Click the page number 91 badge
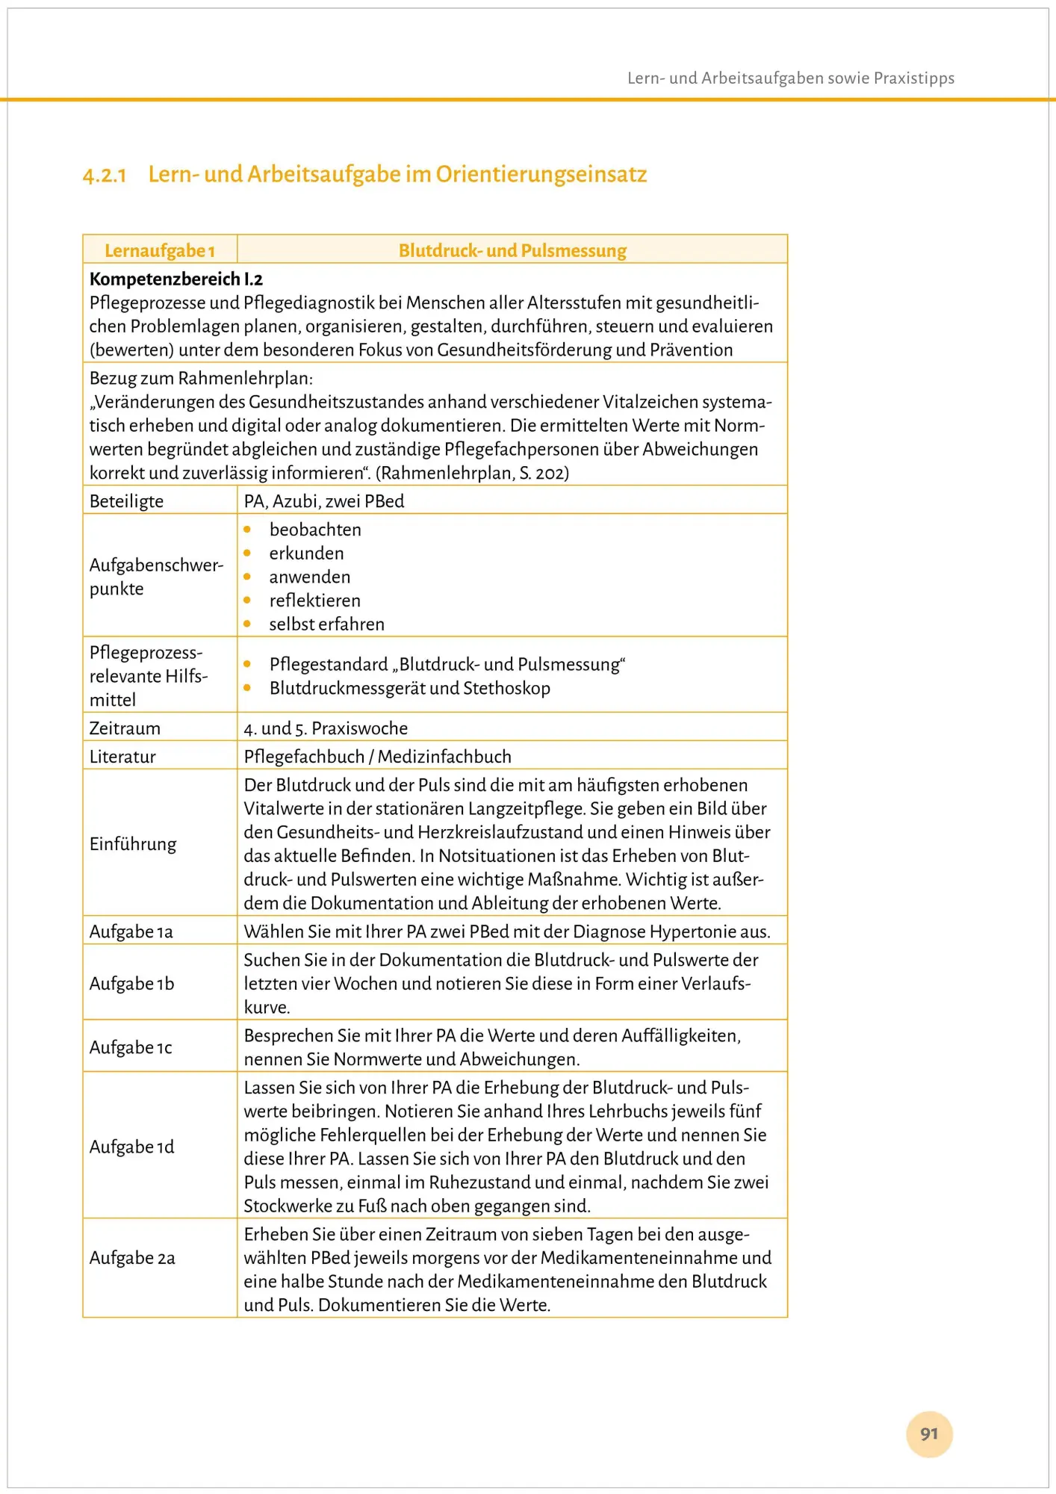[929, 1433]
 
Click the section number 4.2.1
[105, 176]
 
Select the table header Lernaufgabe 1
[160, 250]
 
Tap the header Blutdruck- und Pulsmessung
[512, 250]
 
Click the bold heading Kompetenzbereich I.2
[176, 279]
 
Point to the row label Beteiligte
[126, 501]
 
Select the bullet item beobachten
[315, 530]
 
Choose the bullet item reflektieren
[314, 601]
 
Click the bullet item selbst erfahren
[326, 624]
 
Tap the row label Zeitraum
[125, 728]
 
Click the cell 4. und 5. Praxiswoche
[326, 728]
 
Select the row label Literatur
[122, 757]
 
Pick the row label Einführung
[133, 844]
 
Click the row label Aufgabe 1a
[131, 932]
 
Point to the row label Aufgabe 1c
[131, 1047]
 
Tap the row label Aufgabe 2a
[132, 1258]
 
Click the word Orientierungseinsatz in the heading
[541, 174]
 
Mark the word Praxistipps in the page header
[914, 78]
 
